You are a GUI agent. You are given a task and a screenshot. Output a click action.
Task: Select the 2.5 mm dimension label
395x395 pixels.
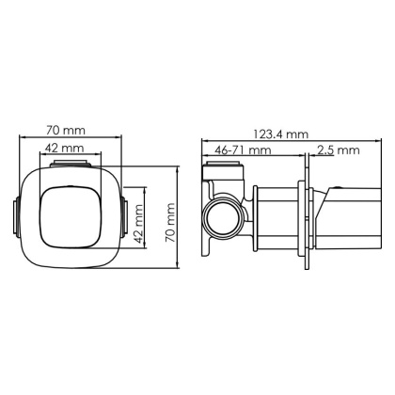[x=338, y=150]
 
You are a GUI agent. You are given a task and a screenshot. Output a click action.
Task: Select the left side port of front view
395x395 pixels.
[x=12, y=217]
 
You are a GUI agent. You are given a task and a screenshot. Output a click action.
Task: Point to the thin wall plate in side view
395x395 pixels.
[x=303, y=217]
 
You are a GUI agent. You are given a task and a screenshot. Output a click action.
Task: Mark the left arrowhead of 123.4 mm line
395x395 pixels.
[x=203, y=142]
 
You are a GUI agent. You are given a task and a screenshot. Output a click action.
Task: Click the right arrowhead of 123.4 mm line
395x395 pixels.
[x=363, y=142]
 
